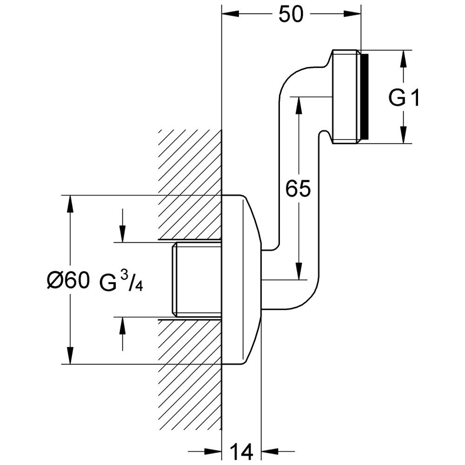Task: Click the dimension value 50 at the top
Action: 291,15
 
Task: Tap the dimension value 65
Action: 298,189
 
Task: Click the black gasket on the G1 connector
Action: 365,97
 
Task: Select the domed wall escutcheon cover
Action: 242,279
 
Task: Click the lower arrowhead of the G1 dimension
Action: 403,136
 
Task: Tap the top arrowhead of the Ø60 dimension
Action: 71,203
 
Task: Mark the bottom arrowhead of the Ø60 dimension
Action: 71,356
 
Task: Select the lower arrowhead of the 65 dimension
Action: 298,272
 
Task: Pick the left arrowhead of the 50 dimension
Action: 229,15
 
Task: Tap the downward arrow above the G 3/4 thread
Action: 122,234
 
